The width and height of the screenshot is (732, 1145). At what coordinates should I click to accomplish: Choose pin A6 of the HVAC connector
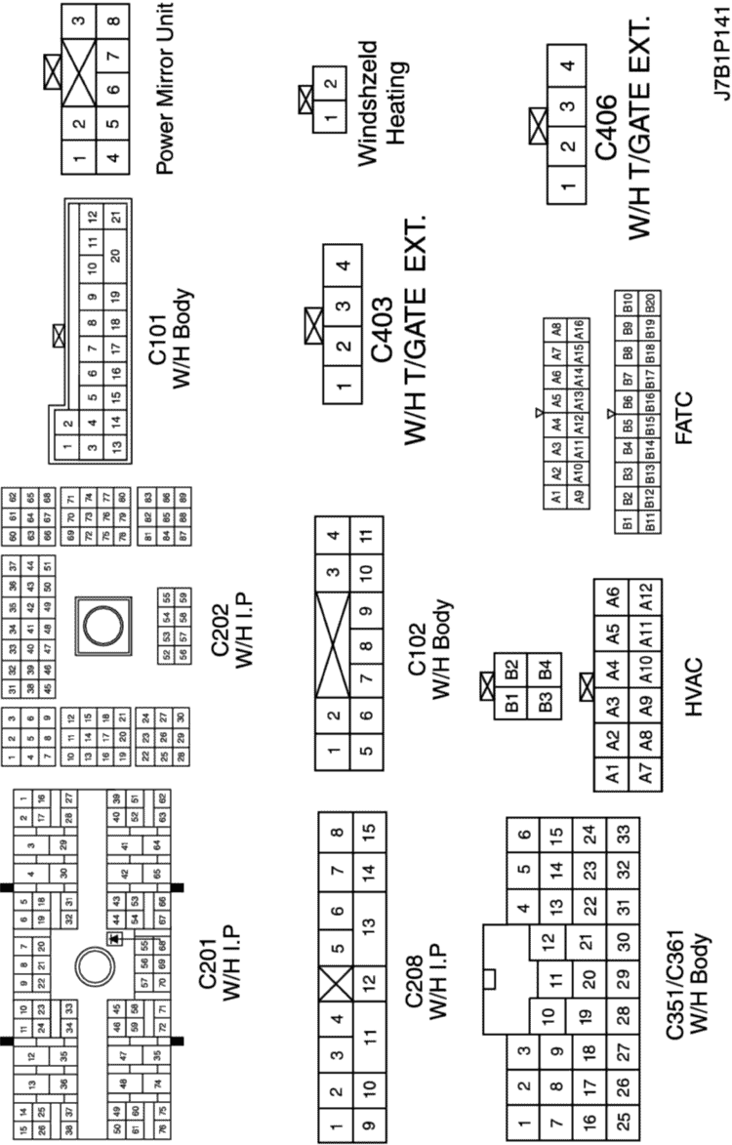pyautogui.click(x=612, y=594)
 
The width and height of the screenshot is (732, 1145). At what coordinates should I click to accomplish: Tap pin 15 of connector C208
pyautogui.click(x=367, y=835)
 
